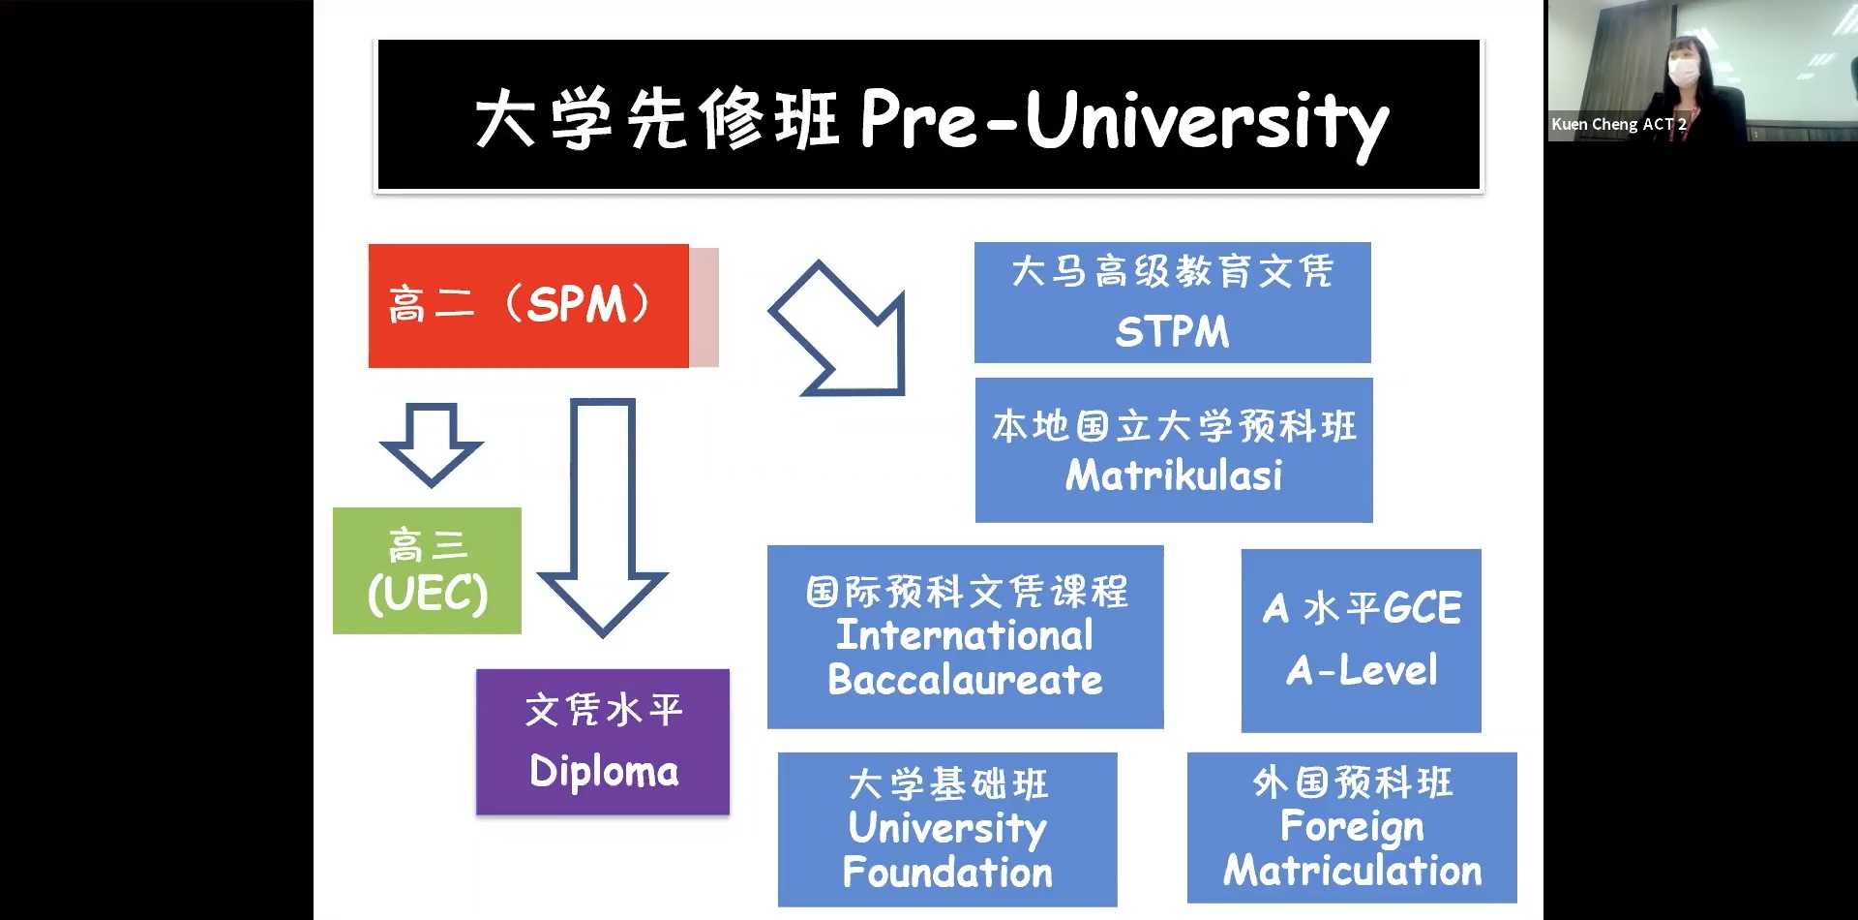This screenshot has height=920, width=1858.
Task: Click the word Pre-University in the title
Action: tap(1124, 121)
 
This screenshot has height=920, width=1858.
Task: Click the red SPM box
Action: tap(528, 306)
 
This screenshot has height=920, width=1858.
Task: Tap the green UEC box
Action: tap(427, 570)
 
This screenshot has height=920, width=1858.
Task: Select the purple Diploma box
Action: tap(603, 742)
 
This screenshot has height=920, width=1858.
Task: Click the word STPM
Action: tap(1172, 332)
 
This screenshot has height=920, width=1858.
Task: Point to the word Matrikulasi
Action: tap(1174, 475)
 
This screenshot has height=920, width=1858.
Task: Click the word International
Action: tap(965, 635)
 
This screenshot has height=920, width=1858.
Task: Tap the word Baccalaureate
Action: tap(965, 680)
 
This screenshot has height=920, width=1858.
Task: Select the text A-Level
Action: tap(1362, 670)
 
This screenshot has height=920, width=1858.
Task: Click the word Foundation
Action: tap(947, 873)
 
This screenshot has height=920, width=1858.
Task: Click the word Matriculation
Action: tap(1352, 871)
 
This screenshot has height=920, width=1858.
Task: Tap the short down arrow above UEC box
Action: tap(431, 445)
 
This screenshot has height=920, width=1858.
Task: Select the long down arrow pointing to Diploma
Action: tap(602, 517)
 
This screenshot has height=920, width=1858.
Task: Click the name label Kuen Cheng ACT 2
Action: tap(1618, 124)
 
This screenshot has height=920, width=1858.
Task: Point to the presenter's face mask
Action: tap(1684, 72)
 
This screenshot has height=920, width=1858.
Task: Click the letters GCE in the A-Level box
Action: tap(1422, 608)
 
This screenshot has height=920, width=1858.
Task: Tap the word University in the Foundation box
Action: tap(947, 829)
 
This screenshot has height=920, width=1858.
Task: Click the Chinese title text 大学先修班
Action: tap(656, 120)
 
